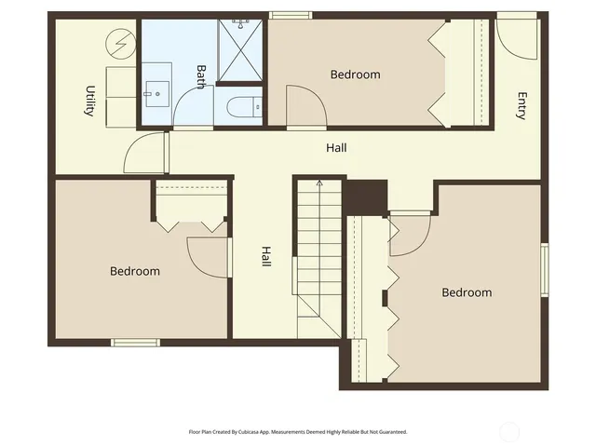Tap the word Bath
201,76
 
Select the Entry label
521,105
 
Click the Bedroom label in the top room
356,74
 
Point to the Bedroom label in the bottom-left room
135,272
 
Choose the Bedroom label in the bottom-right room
466,292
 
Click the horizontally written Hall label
337,148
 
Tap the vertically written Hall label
265,257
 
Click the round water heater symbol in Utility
119,42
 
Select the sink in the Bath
156,91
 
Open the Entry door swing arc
515,37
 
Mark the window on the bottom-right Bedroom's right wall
544,270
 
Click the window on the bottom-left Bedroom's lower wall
136,343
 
